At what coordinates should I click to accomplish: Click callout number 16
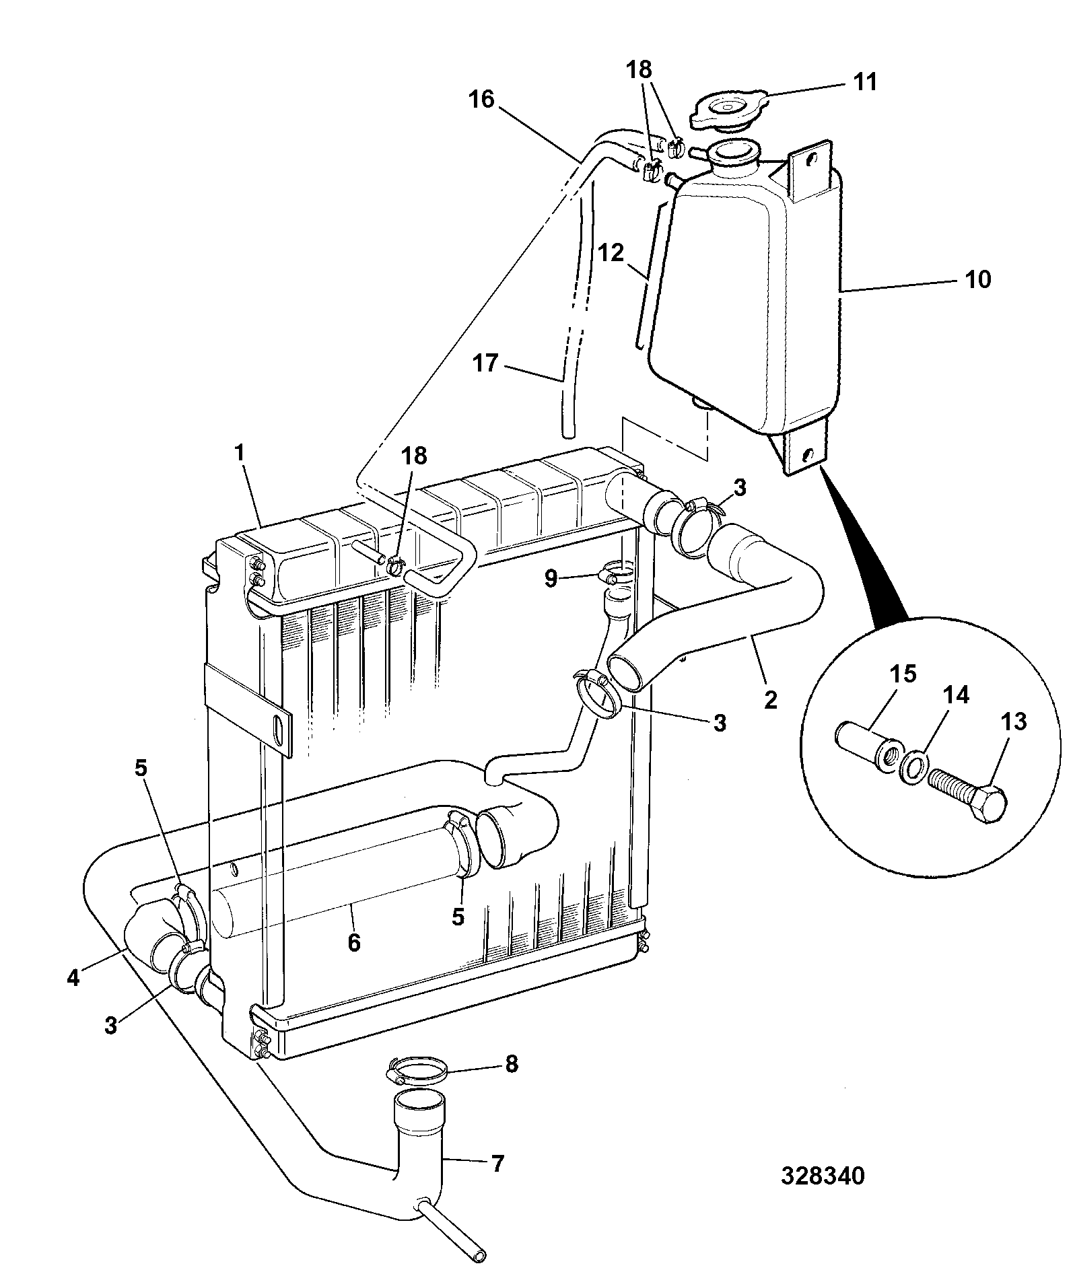pyautogui.click(x=482, y=100)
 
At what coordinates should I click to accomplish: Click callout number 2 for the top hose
pyautogui.click(x=771, y=700)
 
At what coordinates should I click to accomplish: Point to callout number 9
pyautogui.click(x=551, y=577)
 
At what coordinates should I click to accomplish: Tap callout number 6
pyautogui.click(x=354, y=942)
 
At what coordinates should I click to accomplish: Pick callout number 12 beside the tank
pyautogui.click(x=611, y=254)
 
